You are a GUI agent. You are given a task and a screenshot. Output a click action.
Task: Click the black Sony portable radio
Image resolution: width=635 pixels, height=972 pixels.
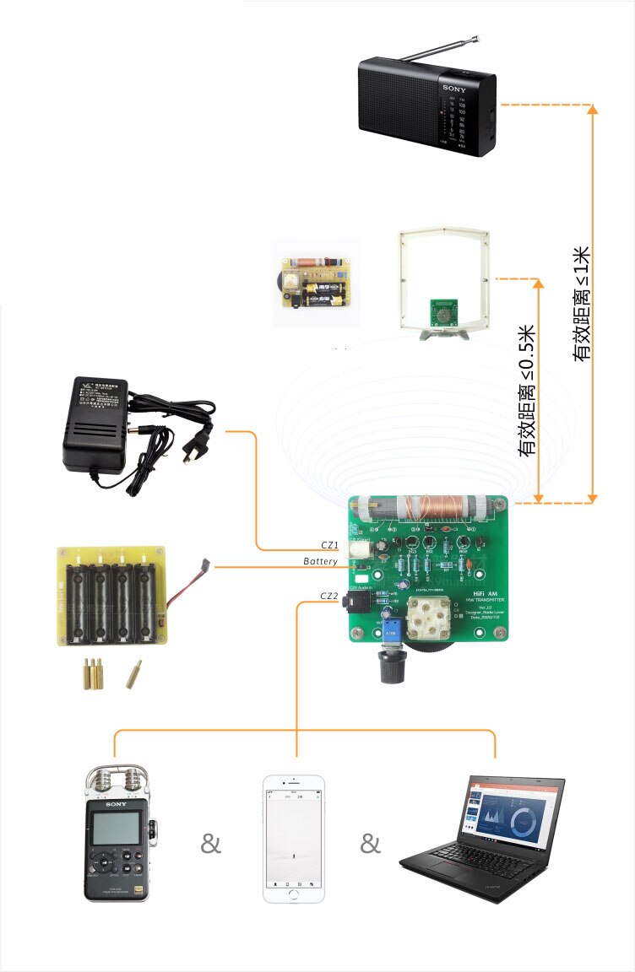426,105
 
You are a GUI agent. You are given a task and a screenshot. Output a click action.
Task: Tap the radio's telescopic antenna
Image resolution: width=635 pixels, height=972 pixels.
440,49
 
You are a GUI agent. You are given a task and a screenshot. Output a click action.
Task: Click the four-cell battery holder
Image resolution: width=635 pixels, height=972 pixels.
111,596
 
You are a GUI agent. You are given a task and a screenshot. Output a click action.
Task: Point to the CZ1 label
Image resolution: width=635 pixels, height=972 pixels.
329,545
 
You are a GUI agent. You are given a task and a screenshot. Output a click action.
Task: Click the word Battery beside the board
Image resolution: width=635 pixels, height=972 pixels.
321,561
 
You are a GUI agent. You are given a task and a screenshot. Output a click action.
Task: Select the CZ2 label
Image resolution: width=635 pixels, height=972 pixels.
329,596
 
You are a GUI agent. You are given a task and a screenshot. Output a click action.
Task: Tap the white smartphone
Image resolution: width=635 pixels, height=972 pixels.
293,840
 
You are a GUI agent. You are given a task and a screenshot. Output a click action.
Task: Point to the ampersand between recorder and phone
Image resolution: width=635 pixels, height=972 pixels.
210,843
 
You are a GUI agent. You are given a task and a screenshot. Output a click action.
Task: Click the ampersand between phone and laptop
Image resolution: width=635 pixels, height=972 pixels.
370,843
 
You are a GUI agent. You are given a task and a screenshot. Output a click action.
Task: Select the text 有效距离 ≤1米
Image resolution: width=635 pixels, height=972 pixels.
582,305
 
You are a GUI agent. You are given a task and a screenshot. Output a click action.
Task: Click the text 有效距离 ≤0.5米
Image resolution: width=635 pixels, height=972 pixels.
527,391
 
